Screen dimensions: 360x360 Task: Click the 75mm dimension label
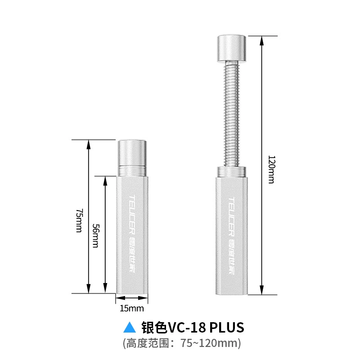(x=79, y=220)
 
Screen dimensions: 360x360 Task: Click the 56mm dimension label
(x=96, y=236)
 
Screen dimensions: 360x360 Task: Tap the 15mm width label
(x=132, y=308)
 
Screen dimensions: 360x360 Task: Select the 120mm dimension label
(x=272, y=170)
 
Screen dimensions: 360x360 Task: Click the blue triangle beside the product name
(x=130, y=327)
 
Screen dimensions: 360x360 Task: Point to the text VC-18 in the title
(x=187, y=328)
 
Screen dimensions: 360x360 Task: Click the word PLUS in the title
(x=227, y=328)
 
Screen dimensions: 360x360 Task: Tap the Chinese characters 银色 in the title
(x=154, y=328)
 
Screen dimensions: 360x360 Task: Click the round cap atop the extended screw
(x=232, y=49)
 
